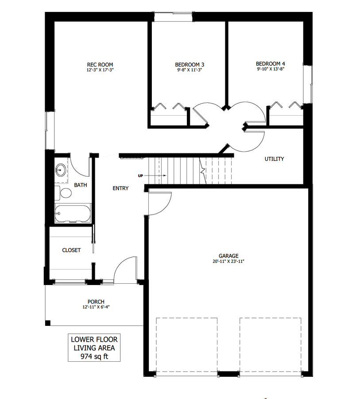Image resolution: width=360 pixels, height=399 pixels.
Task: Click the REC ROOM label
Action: tap(100, 65)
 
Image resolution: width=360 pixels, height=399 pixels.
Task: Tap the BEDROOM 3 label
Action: tap(190, 65)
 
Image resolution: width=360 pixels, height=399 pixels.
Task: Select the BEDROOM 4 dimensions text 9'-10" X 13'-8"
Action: tap(271, 69)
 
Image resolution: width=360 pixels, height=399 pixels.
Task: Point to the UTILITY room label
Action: tap(275, 159)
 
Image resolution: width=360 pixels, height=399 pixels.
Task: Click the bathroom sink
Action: tap(61, 170)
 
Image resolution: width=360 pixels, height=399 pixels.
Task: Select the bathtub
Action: tap(73, 213)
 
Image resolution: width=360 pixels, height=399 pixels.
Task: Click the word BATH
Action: tap(81, 185)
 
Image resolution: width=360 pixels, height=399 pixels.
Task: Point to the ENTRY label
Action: tap(120, 188)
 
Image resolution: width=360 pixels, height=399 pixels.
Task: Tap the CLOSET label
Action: tap(71, 250)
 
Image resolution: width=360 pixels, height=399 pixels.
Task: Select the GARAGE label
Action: tap(228, 256)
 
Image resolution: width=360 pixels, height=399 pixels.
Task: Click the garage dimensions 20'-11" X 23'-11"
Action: tap(228, 261)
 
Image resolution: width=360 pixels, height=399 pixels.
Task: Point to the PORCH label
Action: tap(96, 302)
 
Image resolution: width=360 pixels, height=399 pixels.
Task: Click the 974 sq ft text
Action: tap(94, 356)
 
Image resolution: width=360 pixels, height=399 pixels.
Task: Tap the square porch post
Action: tap(48, 323)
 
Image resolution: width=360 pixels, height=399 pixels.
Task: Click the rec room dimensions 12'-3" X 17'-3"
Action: tap(100, 70)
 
